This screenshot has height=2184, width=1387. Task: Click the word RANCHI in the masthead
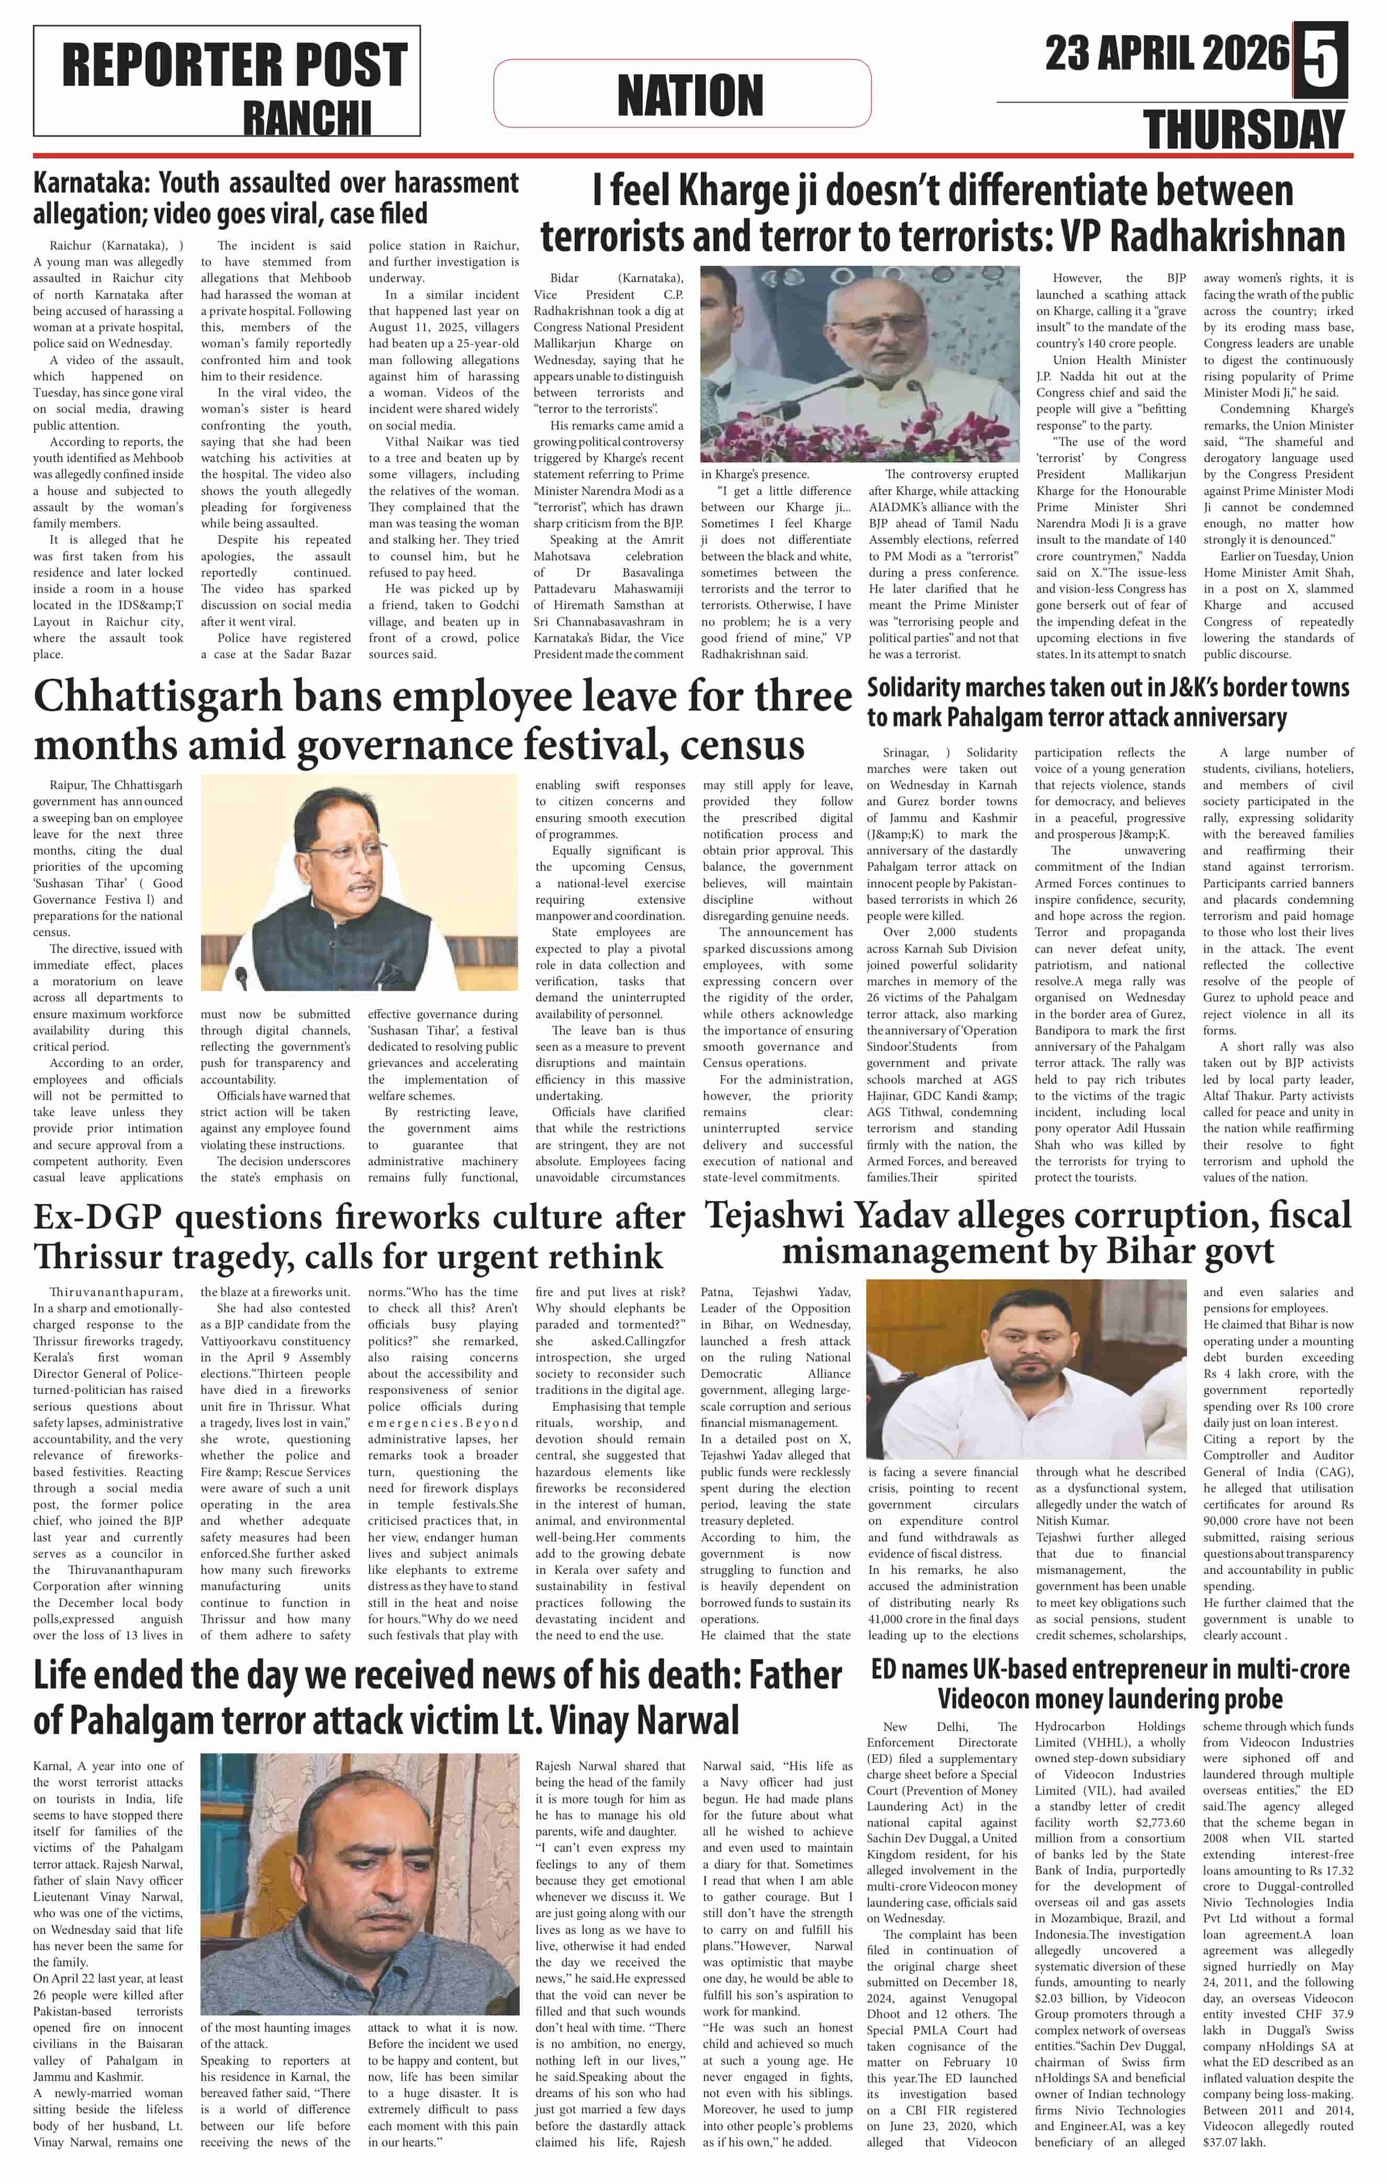click(307, 118)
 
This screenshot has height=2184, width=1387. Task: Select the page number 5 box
click(1320, 59)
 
